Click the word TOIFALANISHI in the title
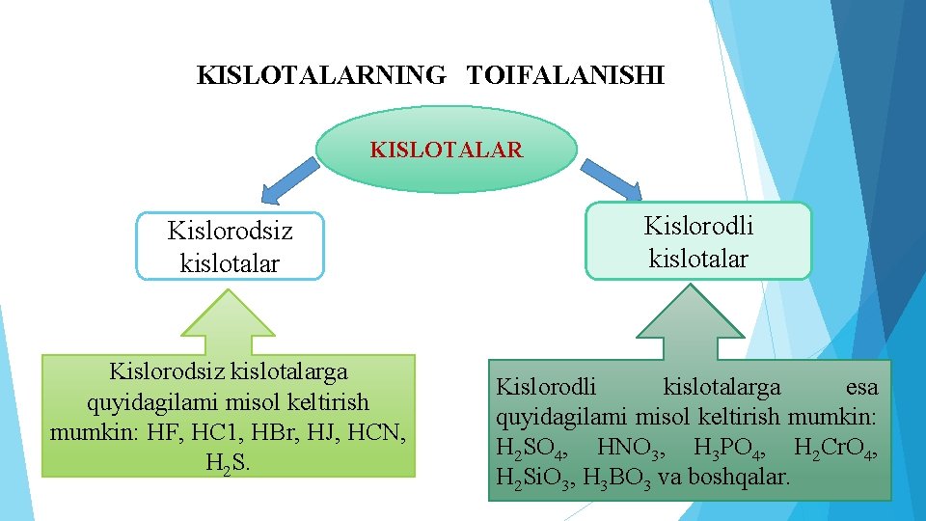[x=566, y=75]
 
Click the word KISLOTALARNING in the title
[x=321, y=75]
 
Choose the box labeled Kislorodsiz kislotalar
[x=231, y=246]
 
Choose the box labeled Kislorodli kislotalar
[x=698, y=241]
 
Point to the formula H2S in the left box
[x=228, y=462]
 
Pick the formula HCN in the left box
[x=382, y=432]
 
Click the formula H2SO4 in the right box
[x=531, y=449]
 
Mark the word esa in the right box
[x=861, y=388]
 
